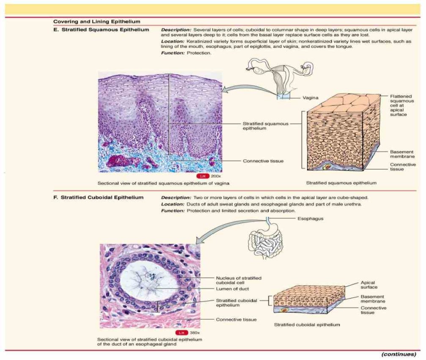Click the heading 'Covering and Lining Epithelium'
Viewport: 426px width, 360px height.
pos(97,21)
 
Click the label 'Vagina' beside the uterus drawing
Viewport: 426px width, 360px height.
pos(311,97)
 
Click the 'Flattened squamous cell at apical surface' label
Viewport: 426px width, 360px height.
pos(400,105)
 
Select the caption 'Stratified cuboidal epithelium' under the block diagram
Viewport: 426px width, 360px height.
pos(307,325)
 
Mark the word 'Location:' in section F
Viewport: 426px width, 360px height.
pos(173,204)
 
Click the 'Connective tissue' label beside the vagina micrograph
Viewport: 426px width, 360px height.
pos(263,161)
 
